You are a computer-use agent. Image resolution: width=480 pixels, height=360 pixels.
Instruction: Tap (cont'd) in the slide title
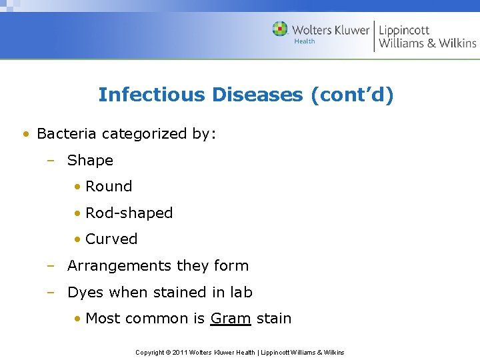click(352, 95)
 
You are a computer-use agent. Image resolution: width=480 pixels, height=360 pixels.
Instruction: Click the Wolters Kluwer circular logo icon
click(280, 29)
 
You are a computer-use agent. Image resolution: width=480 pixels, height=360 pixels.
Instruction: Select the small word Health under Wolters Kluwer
click(305, 41)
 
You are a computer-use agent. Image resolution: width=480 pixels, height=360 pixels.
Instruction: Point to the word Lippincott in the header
click(404, 29)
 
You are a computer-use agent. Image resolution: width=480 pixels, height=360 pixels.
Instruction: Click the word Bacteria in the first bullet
click(64, 133)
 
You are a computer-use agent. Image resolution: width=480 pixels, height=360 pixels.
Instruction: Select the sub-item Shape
click(90, 160)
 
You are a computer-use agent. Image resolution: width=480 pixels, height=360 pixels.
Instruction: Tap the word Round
click(109, 187)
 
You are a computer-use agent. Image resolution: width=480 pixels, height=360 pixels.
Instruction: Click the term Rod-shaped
click(129, 213)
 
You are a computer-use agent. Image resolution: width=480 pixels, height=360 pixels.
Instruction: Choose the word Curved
click(111, 239)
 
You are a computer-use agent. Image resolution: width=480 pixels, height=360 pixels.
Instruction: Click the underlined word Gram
click(230, 319)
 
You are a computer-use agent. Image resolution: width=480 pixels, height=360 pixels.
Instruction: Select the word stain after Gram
click(274, 319)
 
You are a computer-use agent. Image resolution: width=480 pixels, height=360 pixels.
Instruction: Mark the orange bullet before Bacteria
click(25, 134)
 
